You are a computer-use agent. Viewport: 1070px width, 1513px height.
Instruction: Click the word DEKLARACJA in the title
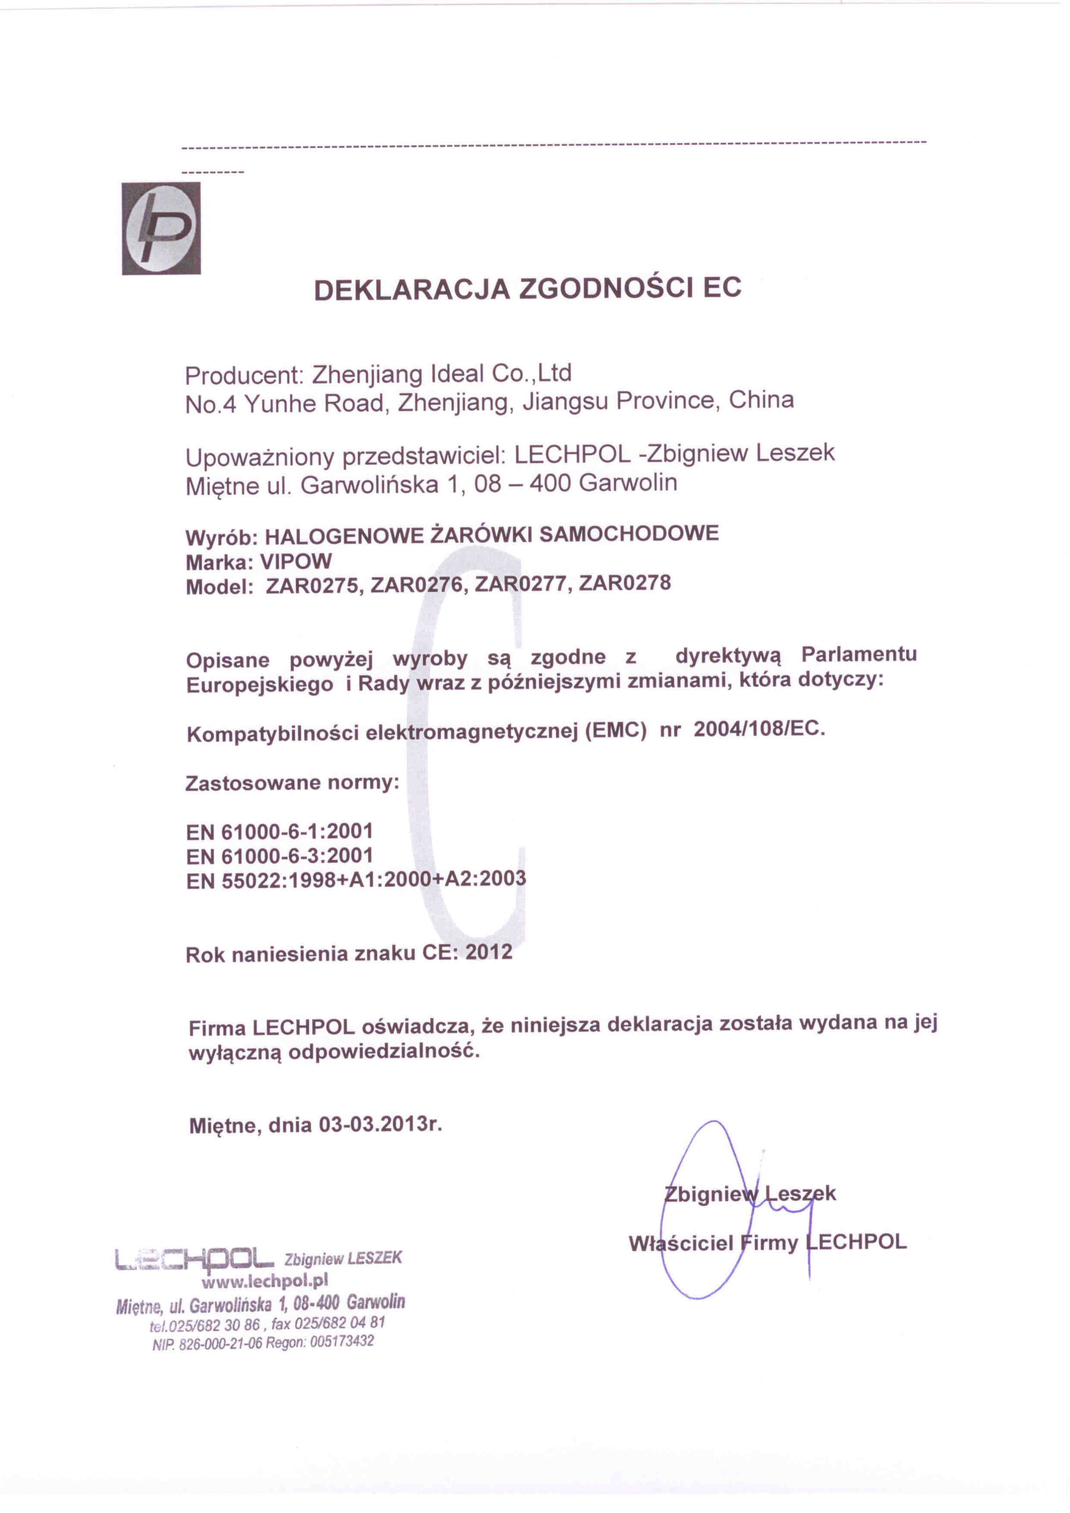[412, 289]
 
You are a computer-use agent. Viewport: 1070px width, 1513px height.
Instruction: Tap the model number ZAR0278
[625, 583]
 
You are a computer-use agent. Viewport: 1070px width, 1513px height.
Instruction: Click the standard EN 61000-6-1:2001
[279, 832]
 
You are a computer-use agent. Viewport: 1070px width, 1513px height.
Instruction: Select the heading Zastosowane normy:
[293, 784]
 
